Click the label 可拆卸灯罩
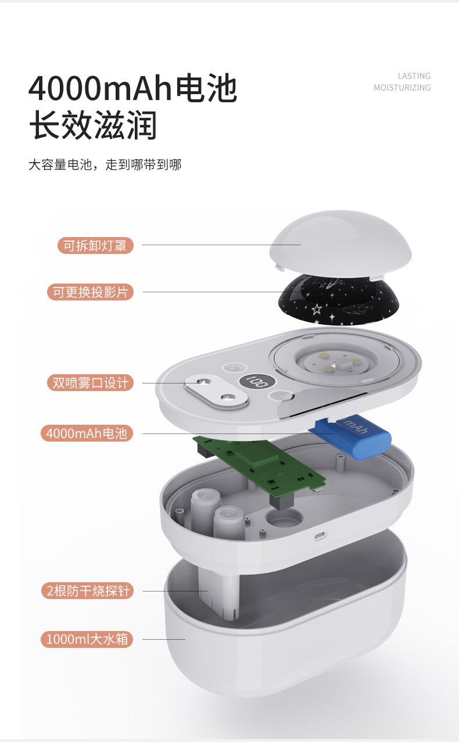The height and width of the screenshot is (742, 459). click(x=95, y=245)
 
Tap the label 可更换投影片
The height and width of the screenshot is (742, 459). click(x=90, y=292)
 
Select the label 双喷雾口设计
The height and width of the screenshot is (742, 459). click(x=89, y=383)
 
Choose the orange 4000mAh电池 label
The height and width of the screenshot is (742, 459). click(x=87, y=433)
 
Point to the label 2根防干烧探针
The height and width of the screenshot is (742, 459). click(x=87, y=591)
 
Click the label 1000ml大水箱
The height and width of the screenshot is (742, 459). click(x=87, y=640)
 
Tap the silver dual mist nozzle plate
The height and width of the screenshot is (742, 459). click(x=213, y=391)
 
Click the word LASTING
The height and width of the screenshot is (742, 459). click(x=414, y=76)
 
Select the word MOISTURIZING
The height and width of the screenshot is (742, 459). click(x=402, y=88)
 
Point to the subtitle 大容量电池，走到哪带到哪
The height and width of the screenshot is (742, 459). click(x=105, y=165)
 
